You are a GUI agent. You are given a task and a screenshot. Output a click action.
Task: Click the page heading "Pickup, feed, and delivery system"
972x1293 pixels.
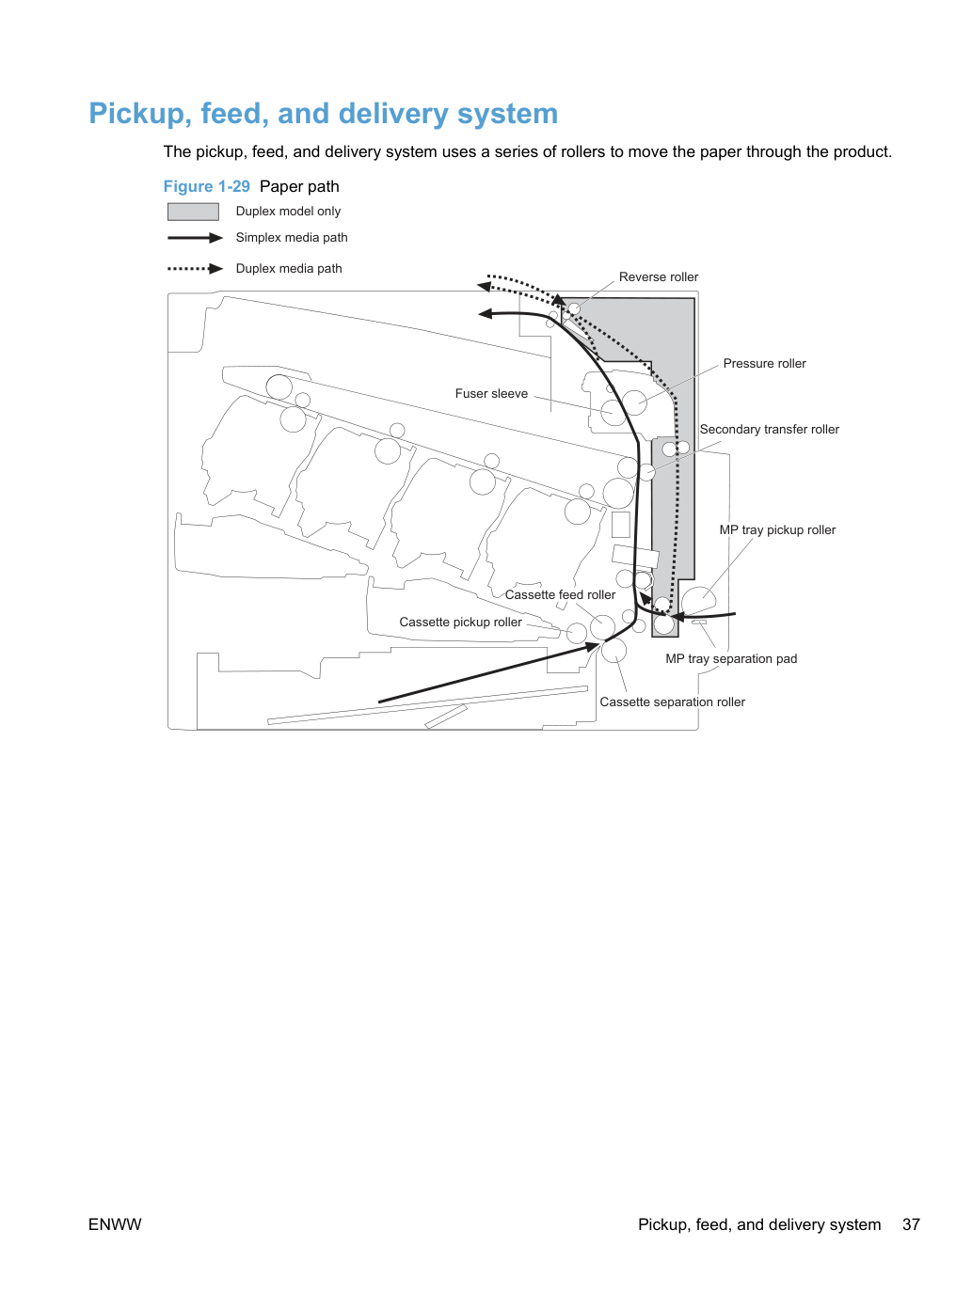point(323,113)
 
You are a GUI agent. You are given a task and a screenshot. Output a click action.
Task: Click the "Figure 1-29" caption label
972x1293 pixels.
point(206,186)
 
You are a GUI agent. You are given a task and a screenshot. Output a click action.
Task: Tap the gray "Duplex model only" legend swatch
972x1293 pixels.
point(193,212)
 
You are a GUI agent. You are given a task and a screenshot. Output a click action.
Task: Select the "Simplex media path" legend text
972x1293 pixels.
point(291,237)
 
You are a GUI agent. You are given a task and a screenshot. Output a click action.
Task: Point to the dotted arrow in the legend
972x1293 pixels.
point(195,269)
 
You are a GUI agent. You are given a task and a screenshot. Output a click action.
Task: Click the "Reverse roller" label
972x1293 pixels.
point(658,276)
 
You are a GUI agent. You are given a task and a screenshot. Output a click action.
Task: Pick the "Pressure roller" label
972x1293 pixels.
point(764,364)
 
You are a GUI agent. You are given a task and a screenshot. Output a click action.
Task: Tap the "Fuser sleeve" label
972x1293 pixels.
point(491,393)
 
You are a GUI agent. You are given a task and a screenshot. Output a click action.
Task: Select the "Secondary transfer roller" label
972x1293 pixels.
point(769,430)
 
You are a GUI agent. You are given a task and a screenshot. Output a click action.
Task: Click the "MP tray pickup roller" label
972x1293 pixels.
point(777,530)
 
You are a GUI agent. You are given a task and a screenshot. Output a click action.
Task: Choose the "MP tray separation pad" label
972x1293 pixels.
point(731,658)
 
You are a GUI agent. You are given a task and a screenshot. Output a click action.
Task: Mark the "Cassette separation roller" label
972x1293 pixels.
point(672,702)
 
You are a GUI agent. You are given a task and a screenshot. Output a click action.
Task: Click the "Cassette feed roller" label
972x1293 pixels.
point(559,595)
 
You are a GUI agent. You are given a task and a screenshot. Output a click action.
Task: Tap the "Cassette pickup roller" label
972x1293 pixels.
point(460,623)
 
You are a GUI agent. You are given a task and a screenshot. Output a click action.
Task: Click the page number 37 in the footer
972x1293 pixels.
point(911,1224)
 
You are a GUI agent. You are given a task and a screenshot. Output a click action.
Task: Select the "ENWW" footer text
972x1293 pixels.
point(115,1224)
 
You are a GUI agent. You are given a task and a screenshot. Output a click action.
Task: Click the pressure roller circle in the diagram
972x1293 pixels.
point(634,402)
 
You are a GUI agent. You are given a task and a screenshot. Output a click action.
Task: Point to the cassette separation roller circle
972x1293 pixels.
point(613,651)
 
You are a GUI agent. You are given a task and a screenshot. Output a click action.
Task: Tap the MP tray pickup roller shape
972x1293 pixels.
point(698,600)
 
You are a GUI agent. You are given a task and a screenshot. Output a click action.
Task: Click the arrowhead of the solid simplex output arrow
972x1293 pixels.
point(485,314)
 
